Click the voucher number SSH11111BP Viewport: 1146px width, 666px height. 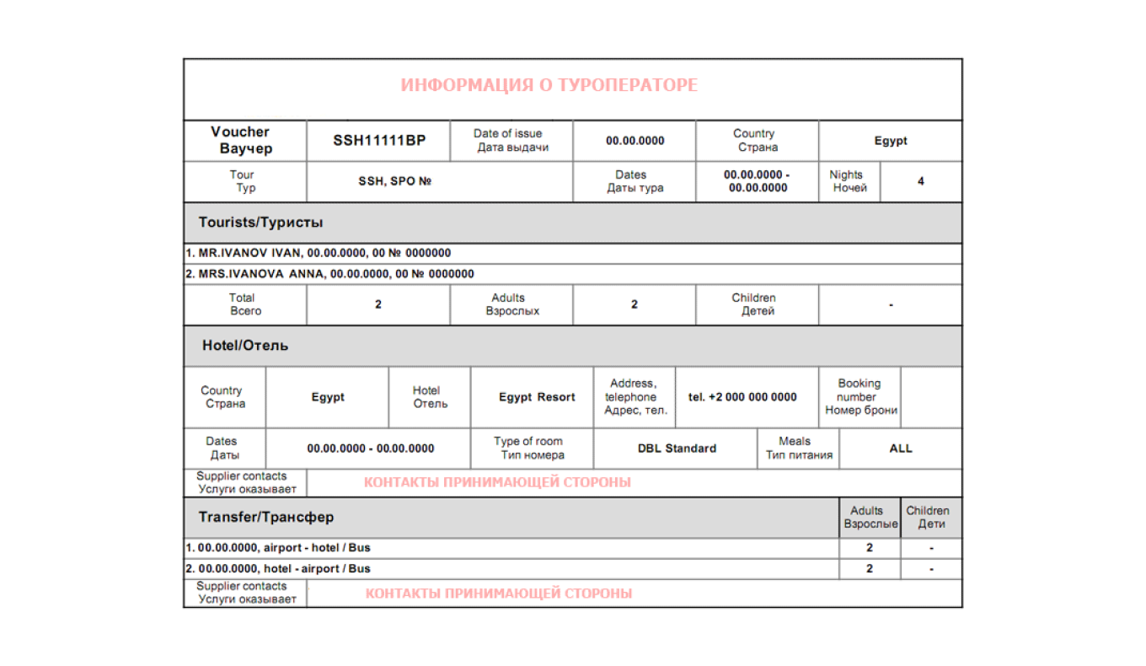379,141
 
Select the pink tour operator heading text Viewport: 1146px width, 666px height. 549,86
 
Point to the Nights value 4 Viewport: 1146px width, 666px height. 920,181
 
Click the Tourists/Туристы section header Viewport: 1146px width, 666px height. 260,223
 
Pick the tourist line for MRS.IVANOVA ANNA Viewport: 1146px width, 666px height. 330,274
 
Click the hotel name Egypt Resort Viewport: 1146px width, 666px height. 537,397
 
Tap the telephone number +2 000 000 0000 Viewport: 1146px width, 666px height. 742,397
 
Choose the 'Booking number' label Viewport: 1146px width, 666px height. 859,396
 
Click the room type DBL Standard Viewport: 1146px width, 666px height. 677,448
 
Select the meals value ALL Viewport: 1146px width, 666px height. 901,448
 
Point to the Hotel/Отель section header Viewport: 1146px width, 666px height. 245,346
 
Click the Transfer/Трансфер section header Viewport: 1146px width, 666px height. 266,517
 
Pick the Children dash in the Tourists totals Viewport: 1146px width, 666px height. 891,305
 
